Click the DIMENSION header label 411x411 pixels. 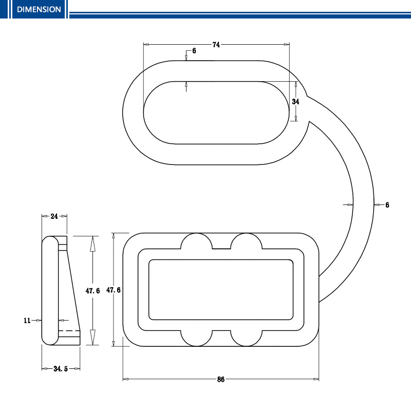pos(39,9)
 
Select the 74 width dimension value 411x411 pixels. pos(216,45)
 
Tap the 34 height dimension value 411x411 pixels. pos(296,101)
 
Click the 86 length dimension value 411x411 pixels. pos(221,379)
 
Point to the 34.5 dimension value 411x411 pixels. pos(61,369)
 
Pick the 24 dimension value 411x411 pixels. pos(54,216)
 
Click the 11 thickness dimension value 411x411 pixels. pos(27,320)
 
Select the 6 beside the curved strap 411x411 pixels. pos(387,205)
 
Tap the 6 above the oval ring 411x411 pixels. pos(194,51)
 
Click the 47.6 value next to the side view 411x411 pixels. pos(92,291)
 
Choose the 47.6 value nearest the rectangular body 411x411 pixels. pos(114,290)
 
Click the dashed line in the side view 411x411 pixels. pos(69,330)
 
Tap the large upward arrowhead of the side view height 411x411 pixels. pos(92,244)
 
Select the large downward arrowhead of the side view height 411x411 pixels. pos(92,338)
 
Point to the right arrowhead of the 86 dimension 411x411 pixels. pos(316,379)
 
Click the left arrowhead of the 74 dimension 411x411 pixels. pos(146,45)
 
